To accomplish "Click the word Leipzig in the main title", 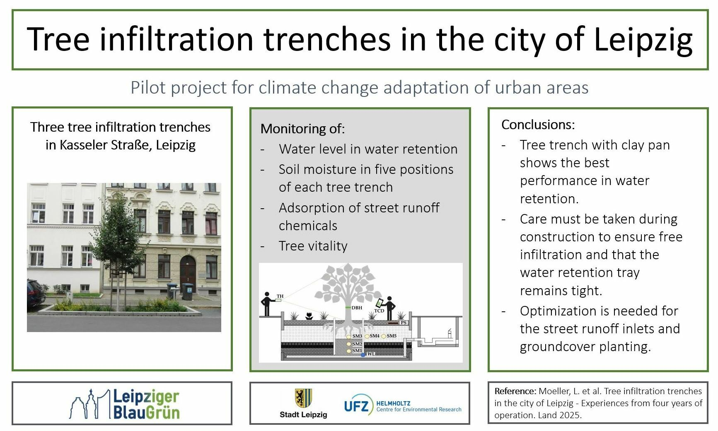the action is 643,40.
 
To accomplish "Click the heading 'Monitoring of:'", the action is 302,129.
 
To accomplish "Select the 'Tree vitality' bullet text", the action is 313,246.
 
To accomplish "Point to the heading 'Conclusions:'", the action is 538,125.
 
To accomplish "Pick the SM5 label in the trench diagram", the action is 392,336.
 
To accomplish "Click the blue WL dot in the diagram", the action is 363,354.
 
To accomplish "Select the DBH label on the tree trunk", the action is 357,308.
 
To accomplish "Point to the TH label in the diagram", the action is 280,296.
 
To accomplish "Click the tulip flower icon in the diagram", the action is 309,316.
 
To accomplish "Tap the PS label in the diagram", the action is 403,323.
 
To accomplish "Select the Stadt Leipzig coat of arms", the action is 303,398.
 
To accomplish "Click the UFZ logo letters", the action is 356,406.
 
